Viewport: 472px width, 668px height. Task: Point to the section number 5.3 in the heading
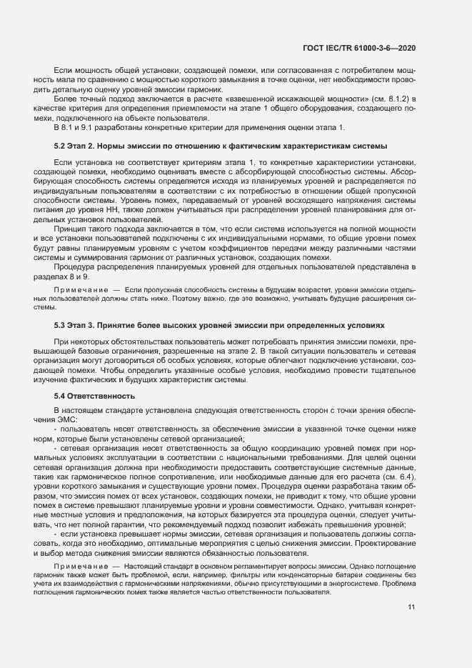click(61, 324)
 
